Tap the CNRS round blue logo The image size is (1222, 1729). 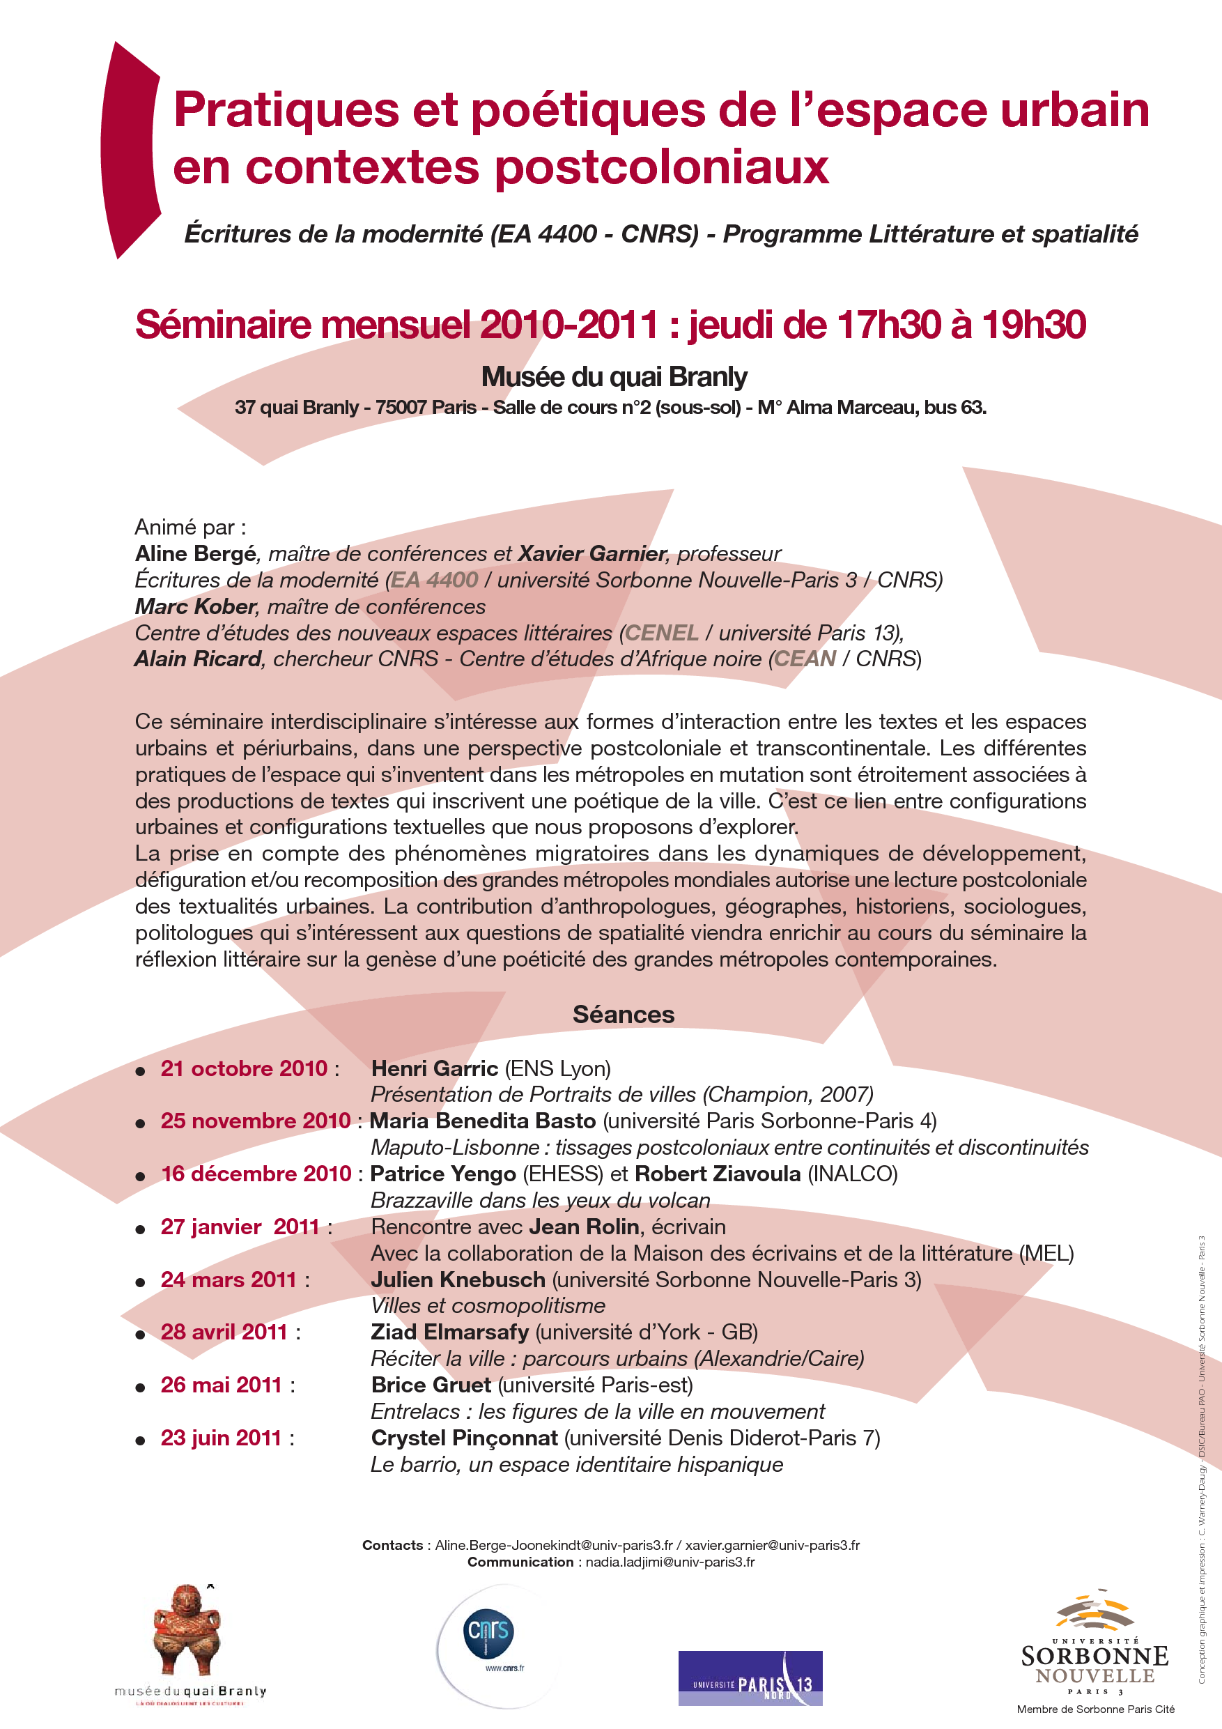[x=488, y=1633]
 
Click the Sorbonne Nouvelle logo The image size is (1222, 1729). [x=1095, y=1656]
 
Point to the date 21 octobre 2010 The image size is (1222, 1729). [x=243, y=1068]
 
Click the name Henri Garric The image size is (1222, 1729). [x=435, y=1068]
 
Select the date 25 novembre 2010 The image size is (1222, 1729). [x=255, y=1121]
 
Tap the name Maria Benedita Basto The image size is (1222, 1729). [x=483, y=1121]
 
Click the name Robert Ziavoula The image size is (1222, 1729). [x=718, y=1174]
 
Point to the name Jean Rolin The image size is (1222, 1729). [x=584, y=1227]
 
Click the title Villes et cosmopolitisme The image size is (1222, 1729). [x=488, y=1305]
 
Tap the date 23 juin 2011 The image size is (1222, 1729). [x=221, y=1438]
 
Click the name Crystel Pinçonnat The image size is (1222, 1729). [x=465, y=1438]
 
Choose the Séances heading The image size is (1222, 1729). [x=624, y=1015]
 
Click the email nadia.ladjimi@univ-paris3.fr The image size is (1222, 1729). [x=670, y=1562]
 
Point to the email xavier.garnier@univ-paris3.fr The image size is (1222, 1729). [x=772, y=1545]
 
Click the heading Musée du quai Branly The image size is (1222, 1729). [x=614, y=376]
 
